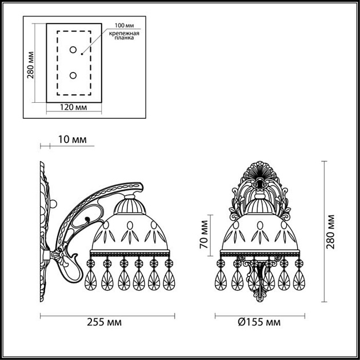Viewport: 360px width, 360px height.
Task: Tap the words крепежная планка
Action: (123, 38)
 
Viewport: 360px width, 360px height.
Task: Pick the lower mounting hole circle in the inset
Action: (73, 75)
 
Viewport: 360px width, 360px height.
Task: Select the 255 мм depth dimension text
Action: (107, 322)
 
